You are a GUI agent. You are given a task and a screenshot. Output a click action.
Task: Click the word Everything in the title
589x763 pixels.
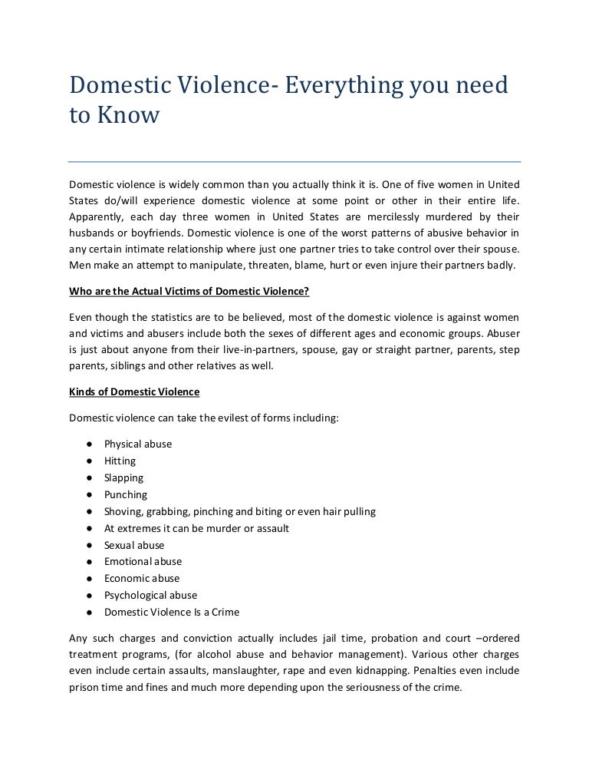(342, 86)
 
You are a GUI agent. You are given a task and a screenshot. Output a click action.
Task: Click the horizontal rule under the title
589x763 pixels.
(294, 162)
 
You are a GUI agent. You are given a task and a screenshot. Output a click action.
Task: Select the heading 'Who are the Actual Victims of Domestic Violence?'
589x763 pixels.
(189, 291)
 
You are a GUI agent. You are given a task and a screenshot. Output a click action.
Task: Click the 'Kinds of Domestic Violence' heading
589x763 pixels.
(134, 392)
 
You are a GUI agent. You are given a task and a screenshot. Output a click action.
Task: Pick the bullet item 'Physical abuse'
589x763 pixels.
(138, 444)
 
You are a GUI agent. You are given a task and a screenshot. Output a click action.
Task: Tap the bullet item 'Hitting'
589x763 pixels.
(120, 461)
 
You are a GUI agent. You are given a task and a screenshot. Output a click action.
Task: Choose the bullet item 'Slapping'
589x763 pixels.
(124, 477)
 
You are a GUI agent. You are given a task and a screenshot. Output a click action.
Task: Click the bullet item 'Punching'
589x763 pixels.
(126, 494)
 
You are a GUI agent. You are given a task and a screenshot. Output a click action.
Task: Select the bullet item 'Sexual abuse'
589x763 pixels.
(134, 545)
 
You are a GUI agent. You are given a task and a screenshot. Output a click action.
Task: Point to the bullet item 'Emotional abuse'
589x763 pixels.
(143, 562)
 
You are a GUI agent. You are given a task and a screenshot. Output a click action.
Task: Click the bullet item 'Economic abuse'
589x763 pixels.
(142, 579)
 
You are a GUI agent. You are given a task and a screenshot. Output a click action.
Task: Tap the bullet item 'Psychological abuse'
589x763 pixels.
(151, 596)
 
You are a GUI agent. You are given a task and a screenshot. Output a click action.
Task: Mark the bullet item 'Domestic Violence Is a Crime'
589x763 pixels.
(172, 613)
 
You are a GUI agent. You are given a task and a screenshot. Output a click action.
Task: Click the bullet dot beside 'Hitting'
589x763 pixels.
(90, 461)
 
